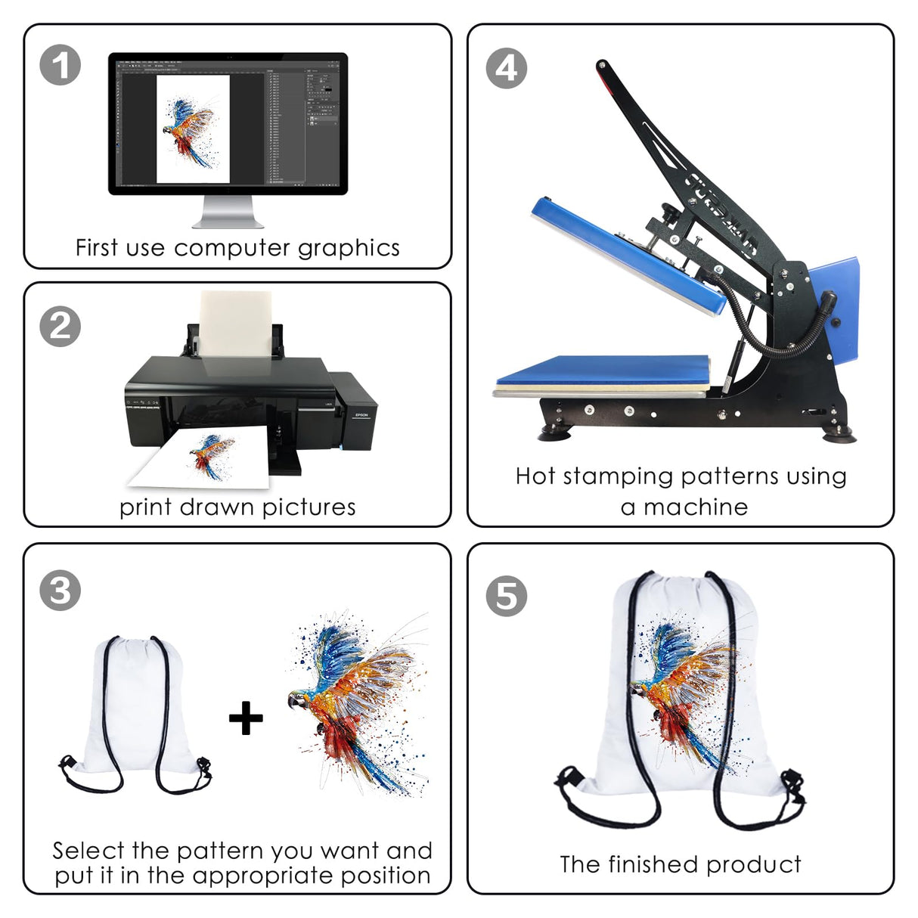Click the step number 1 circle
[x=60, y=64]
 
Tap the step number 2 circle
[x=60, y=326]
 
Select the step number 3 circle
[x=60, y=590]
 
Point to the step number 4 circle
[x=506, y=69]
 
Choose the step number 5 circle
[x=506, y=596]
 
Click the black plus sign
[x=246, y=718]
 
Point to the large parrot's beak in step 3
[x=292, y=704]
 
